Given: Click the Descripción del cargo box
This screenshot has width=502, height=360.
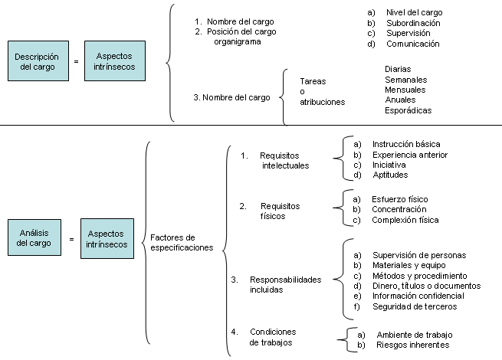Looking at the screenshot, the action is tap(38, 61).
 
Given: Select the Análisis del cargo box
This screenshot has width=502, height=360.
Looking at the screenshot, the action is tap(34, 237).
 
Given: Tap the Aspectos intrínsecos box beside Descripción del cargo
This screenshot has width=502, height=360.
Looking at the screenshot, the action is tap(115, 61).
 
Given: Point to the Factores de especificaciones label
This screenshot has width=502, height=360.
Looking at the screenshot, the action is tap(182, 243).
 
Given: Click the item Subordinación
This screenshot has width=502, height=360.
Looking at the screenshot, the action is tap(413, 23).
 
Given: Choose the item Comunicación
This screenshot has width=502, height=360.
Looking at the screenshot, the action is tap(412, 44).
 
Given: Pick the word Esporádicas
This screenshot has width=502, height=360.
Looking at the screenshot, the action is tap(408, 110).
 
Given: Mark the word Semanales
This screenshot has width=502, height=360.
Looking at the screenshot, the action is tap(406, 80).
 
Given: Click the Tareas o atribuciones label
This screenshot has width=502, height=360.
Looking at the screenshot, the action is tap(323, 91).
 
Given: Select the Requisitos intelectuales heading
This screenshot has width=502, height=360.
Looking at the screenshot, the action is tap(284, 161).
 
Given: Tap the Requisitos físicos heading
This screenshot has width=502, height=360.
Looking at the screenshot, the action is tap(281, 211).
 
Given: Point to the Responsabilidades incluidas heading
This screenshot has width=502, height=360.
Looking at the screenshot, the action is tap(286, 284).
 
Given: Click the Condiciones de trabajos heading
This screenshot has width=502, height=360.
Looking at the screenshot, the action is tap(273, 337).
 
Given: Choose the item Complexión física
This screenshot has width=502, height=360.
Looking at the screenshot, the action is tap(405, 220).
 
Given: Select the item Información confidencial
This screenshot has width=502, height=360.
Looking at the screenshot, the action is tap(418, 296).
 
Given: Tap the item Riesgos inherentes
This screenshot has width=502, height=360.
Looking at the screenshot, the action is tap(412, 345).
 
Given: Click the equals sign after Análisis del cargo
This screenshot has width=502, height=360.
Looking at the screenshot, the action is tap(71, 239).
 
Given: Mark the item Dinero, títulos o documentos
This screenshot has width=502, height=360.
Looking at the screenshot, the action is tap(426, 286).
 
